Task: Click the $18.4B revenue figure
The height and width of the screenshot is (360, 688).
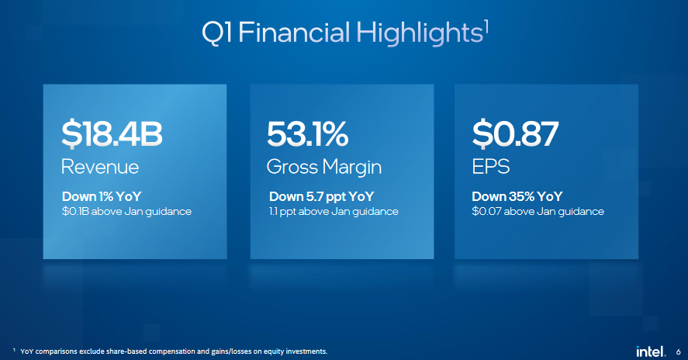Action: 112,133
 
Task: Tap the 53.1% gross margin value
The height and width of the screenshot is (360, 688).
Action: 308,134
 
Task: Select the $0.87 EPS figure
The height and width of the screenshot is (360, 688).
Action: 515,134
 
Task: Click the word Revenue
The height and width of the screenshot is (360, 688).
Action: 100,167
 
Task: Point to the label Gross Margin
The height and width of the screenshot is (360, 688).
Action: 324,168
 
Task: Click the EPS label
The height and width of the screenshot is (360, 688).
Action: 490,167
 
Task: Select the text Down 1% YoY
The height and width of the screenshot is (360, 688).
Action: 102,196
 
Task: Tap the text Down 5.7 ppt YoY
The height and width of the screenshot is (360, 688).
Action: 322,197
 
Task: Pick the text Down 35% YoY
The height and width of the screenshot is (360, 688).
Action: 517,196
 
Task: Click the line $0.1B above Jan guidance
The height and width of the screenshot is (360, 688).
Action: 126,212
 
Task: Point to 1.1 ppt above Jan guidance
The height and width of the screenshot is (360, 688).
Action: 334,212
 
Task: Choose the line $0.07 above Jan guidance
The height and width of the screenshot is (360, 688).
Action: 538,212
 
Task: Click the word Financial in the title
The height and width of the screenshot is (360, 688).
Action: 294,33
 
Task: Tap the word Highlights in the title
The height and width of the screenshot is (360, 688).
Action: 420,33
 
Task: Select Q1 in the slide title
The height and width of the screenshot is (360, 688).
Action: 216,33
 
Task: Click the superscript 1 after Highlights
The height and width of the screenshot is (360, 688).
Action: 486,28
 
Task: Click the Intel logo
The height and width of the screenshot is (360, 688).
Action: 651,351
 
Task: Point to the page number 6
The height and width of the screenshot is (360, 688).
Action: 679,352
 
